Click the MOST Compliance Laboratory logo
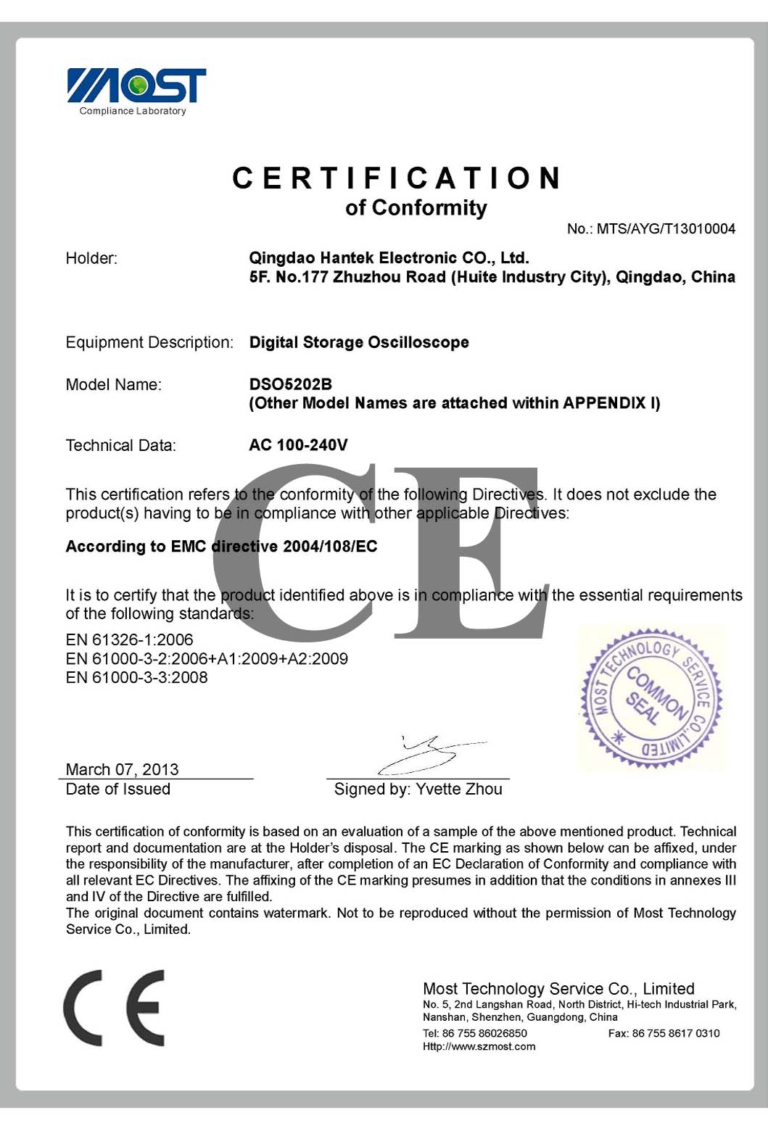point(136,91)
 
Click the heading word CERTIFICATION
point(397,178)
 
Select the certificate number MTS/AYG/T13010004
point(666,229)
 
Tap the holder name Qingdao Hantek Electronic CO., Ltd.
point(389,257)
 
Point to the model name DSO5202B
point(290,384)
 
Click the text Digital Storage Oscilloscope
point(359,342)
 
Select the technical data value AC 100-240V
point(298,444)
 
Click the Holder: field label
point(91,258)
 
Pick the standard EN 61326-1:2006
point(129,639)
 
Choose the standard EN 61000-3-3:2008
point(136,677)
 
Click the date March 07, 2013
point(122,768)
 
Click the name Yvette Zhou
point(459,789)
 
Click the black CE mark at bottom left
point(114,1008)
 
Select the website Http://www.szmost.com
point(479,1046)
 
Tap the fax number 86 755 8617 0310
point(676,1033)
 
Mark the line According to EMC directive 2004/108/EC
point(221,547)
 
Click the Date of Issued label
point(117,789)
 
